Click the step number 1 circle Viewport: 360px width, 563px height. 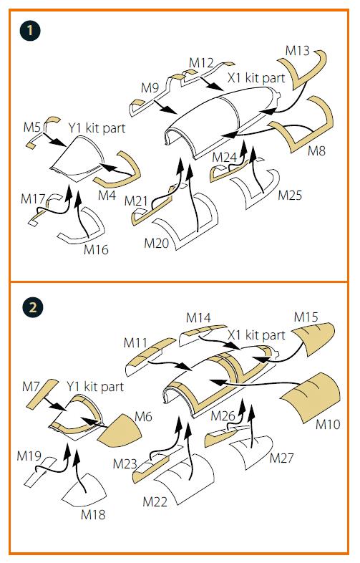pyautogui.click(x=30, y=30)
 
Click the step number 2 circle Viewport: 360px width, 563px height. pyautogui.click(x=33, y=307)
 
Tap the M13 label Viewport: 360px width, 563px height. pyautogui.click(x=297, y=50)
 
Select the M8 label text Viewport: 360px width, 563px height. pyautogui.click(x=316, y=151)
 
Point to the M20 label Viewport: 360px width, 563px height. pyautogui.click(x=157, y=244)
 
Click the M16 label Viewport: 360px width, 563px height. pyautogui.click(x=96, y=249)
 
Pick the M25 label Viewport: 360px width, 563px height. pyautogui.click(x=290, y=196)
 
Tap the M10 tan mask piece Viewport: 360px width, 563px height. pyautogui.click(x=311, y=398)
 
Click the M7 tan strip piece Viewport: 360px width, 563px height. pyautogui.click(x=42, y=393)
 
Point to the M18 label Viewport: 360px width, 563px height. pyautogui.click(x=93, y=514)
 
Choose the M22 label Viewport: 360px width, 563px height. pyautogui.click(x=155, y=501)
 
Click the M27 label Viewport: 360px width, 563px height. pyautogui.click(x=281, y=458)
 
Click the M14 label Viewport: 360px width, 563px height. pyautogui.click(x=198, y=317)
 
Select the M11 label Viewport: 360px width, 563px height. pyautogui.click(x=135, y=342)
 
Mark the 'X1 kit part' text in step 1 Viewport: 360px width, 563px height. pyautogui.click(x=256, y=77)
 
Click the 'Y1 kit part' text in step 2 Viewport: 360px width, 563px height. pyautogui.click(x=95, y=386)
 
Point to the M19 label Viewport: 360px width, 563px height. pyautogui.click(x=29, y=456)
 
